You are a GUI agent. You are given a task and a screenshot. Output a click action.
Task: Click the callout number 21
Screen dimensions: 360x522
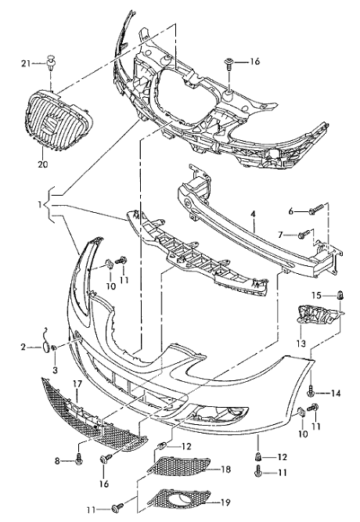(x=27, y=63)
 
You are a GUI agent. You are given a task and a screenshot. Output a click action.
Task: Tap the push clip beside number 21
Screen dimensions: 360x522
(x=50, y=63)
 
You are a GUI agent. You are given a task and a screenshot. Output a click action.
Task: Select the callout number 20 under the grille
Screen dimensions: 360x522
(x=43, y=164)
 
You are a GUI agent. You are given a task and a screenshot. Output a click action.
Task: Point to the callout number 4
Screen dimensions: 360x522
(x=253, y=214)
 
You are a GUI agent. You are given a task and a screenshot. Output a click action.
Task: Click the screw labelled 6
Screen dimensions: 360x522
(x=316, y=209)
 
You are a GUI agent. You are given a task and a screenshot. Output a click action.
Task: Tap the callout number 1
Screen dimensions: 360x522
(x=40, y=204)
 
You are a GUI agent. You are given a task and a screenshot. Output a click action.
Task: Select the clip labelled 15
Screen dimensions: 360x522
(x=340, y=294)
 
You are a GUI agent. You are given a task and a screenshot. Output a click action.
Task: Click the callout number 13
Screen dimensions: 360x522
(x=301, y=343)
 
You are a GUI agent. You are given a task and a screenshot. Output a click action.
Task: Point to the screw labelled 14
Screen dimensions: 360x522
(x=311, y=392)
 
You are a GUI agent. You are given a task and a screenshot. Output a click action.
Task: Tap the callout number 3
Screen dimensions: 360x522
(x=55, y=369)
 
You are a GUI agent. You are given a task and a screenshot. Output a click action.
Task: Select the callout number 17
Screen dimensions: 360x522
(x=77, y=383)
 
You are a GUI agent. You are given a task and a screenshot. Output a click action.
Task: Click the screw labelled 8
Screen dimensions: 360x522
(x=79, y=459)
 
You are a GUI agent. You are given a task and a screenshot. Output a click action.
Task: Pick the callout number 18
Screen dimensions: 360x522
(x=225, y=469)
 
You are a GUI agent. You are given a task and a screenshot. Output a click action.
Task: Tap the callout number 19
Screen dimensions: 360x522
(x=225, y=502)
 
